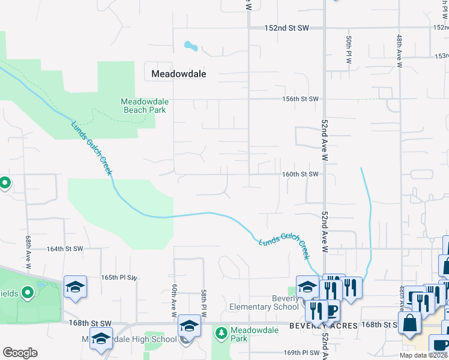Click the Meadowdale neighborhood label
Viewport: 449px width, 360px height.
(178, 74)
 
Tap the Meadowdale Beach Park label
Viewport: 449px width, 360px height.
(144, 106)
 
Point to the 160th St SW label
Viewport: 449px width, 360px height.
(300, 174)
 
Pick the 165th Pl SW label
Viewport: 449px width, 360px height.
(119, 278)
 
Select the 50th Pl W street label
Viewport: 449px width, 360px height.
(348, 49)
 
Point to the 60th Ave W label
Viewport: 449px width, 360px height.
(173, 301)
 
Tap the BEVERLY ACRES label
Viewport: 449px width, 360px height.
(324, 325)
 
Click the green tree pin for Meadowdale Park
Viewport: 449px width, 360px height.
(221, 332)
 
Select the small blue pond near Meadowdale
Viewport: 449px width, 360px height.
(191, 46)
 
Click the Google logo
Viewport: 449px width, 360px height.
(20, 353)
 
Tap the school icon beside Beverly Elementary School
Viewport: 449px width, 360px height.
(307, 286)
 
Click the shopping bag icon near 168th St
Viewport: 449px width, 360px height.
(409, 322)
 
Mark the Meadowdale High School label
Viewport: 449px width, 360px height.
(130, 340)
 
